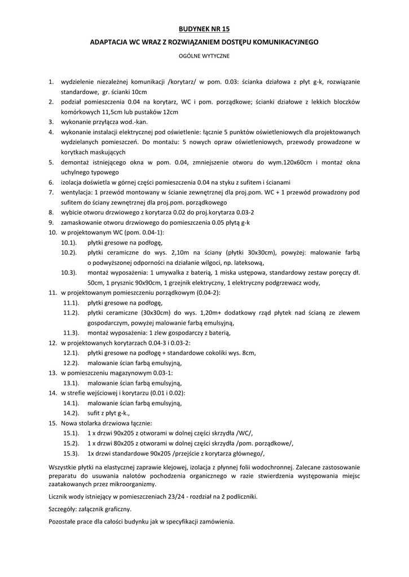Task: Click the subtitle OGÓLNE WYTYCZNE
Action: coord(204,56)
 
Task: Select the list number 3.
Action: coord(50,121)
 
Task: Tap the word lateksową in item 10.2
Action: coord(249,263)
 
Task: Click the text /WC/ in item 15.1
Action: coord(244,433)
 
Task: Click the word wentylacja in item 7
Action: coord(76,192)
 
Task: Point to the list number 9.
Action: coord(50,223)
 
